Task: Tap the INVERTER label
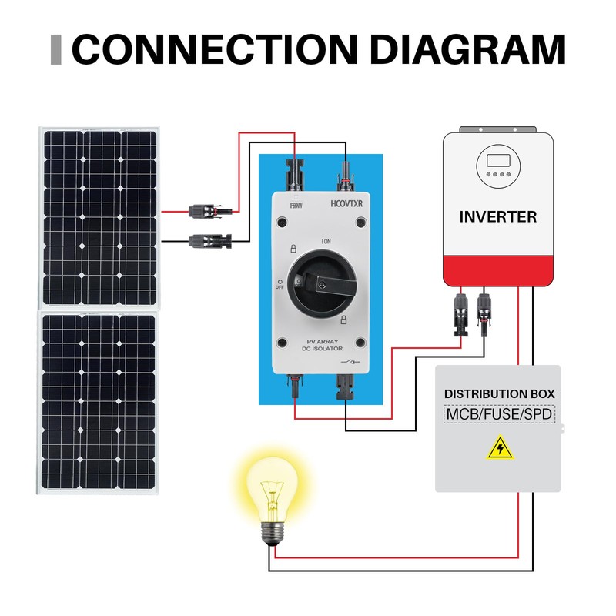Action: click(x=497, y=216)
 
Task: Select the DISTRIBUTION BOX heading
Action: click(x=499, y=393)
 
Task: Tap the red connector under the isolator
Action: click(x=295, y=384)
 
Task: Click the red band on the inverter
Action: click(x=498, y=269)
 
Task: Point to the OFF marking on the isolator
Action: click(x=279, y=286)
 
